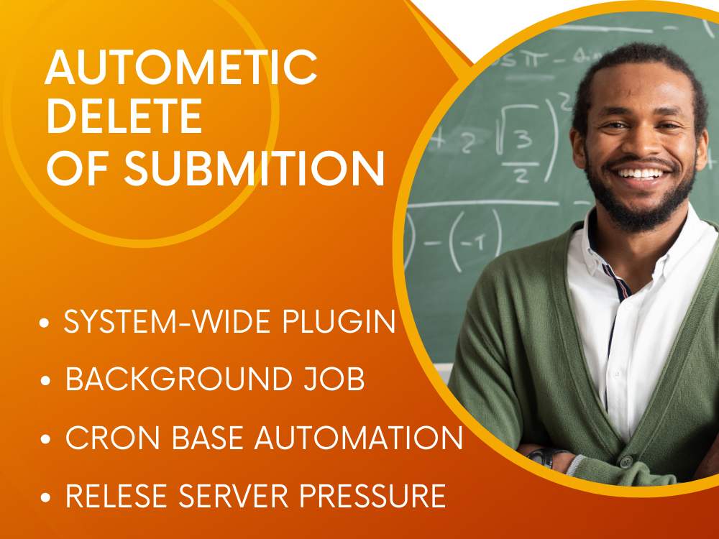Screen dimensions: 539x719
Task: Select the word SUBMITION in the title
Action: [x=255, y=167]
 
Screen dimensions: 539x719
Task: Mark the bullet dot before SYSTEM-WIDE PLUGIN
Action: [x=45, y=324]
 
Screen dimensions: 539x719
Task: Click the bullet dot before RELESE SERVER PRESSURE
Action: [x=45, y=497]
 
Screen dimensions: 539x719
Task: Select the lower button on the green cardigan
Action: [x=628, y=461]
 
